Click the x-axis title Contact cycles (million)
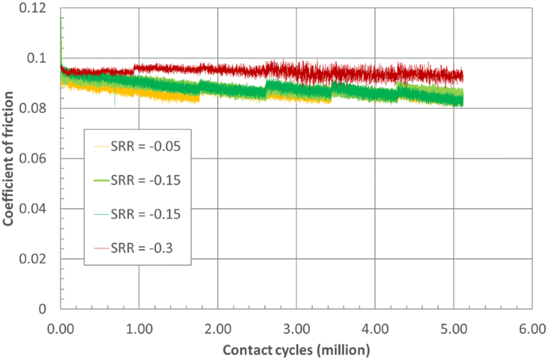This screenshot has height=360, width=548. (295, 348)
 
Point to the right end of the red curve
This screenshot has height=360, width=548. (463, 76)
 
